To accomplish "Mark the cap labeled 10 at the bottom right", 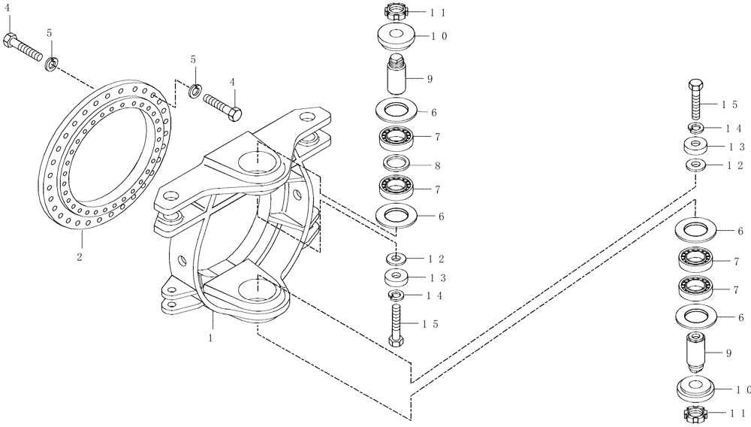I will click(x=695, y=389).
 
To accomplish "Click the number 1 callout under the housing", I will click(x=212, y=338).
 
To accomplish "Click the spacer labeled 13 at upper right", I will click(x=695, y=145).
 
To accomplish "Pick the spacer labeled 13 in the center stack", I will click(x=397, y=277).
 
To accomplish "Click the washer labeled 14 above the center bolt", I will click(x=397, y=295).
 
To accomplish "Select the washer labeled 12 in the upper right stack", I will click(x=695, y=163).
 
